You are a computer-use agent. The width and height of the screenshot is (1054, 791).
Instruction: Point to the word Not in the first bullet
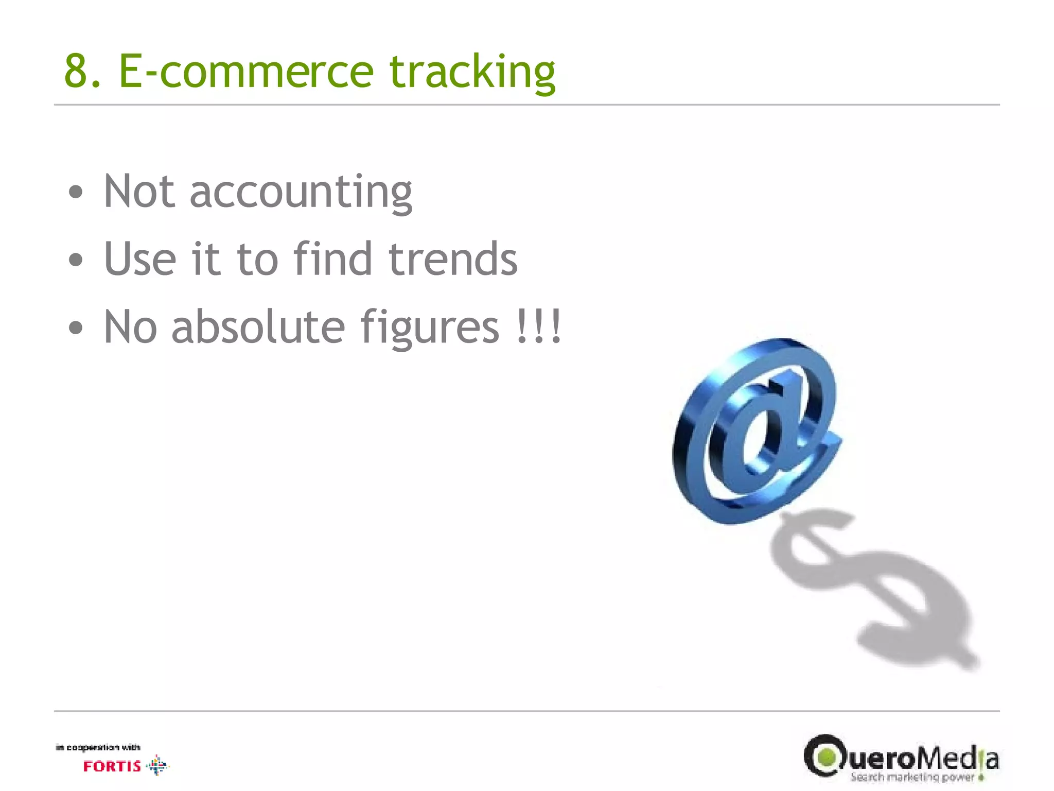click(x=139, y=192)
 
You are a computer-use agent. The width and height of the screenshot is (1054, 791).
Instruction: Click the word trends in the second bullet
click(x=452, y=259)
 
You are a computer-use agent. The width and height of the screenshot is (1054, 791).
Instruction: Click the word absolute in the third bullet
click(x=258, y=326)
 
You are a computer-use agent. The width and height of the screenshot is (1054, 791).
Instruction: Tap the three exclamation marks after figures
click(x=538, y=326)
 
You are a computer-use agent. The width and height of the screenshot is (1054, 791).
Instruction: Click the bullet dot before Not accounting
click(x=76, y=193)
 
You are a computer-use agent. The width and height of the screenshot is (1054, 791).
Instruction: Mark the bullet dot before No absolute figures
click(x=76, y=328)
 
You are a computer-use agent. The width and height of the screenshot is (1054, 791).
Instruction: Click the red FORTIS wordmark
click(x=112, y=766)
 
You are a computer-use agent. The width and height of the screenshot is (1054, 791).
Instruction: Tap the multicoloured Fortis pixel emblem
click(x=157, y=765)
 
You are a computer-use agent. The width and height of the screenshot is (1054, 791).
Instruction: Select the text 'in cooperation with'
click(x=98, y=747)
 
